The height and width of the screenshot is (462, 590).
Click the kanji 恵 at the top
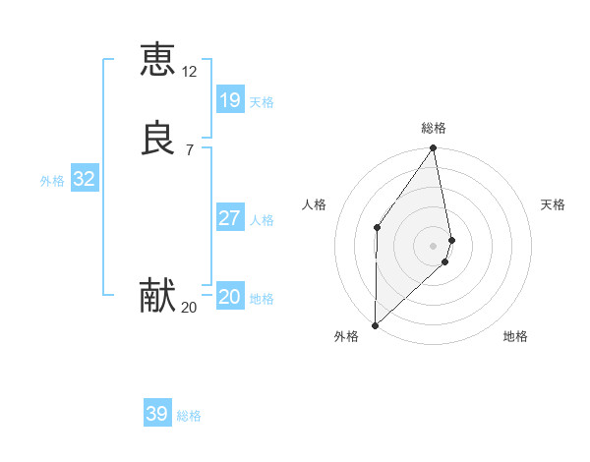pyautogui.click(x=157, y=59)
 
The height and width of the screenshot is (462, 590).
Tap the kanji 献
pyautogui.click(x=157, y=296)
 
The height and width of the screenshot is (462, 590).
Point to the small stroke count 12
pyautogui.click(x=190, y=72)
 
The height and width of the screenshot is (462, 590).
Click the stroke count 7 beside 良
pyautogui.click(x=189, y=149)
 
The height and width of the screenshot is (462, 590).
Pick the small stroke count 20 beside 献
pyautogui.click(x=189, y=308)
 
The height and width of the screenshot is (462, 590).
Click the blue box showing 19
pyautogui.click(x=229, y=99)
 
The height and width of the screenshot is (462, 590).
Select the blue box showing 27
pyautogui.click(x=229, y=218)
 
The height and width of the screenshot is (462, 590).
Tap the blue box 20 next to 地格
pyautogui.click(x=229, y=297)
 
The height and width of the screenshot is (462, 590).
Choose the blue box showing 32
pyautogui.click(x=84, y=179)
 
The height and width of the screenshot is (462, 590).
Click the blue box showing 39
pyautogui.click(x=156, y=414)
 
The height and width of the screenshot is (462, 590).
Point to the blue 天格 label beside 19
pyautogui.click(x=262, y=102)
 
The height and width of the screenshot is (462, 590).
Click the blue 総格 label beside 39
pyautogui.click(x=190, y=417)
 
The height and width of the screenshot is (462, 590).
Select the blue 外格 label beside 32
pyautogui.click(x=53, y=181)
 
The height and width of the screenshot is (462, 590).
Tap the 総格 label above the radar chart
pyautogui.click(x=434, y=128)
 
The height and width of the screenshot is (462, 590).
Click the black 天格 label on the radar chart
pyautogui.click(x=553, y=204)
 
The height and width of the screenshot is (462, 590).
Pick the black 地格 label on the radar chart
pyautogui.click(x=515, y=336)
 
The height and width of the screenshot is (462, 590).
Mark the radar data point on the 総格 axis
pyautogui.click(x=434, y=149)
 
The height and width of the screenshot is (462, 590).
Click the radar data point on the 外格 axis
pyautogui.click(x=375, y=324)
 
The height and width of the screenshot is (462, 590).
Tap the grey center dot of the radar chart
pyautogui.click(x=434, y=245)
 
